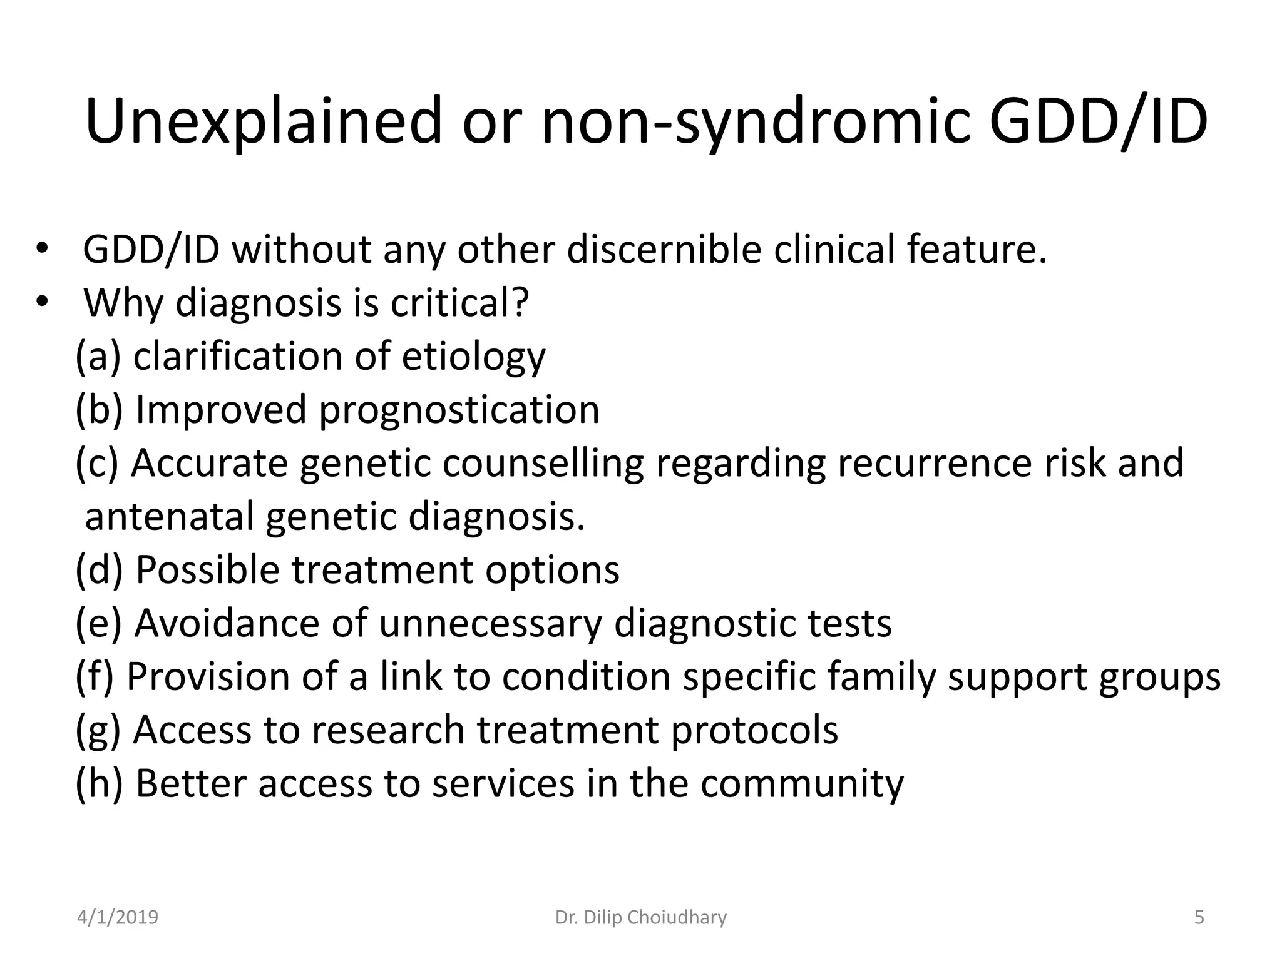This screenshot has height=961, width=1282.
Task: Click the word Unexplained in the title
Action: tap(264, 121)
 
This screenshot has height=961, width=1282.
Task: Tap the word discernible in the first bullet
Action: tap(664, 250)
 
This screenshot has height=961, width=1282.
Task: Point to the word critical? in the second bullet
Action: tap(460, 303)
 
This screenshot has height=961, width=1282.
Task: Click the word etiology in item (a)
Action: tap(473, 357)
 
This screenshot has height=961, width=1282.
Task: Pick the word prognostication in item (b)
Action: tap(459, 410)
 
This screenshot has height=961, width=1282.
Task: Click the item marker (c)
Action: tap(96, 464)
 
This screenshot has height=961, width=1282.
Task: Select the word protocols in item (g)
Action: tap(754, 730)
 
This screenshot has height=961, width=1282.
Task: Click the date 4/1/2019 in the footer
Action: tap(118, 917)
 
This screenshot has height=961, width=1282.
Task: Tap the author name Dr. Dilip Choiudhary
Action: tap(641, 917)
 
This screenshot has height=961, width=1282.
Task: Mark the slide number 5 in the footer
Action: tap(1199, 917)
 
